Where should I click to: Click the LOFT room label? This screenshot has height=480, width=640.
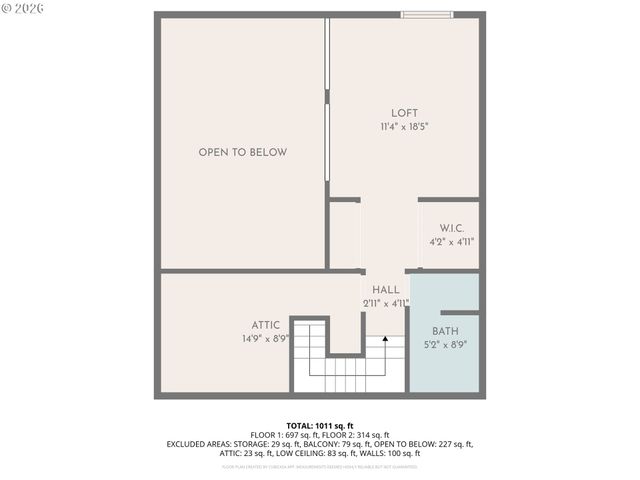pos(405,113)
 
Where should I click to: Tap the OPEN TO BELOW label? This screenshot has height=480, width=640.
pos(242,153)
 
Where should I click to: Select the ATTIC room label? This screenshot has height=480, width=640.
pos(265,325)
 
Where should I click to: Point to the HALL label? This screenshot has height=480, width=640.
pos(385,290)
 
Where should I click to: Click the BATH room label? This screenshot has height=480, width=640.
pos(445,331)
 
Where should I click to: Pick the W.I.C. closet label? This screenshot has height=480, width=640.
pos(452,229)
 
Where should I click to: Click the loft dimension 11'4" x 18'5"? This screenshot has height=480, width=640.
pos(405,127)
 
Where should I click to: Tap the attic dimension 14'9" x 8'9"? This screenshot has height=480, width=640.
pos(265,339)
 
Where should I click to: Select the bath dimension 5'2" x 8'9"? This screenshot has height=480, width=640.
pos(445,344)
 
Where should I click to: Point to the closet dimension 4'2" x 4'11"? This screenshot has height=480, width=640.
pos(452,242)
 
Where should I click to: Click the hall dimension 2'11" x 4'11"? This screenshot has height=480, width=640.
pos(385,303)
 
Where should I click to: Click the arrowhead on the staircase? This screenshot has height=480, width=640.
pos(385,341)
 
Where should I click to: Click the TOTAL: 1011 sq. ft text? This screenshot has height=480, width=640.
pos(320,426)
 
